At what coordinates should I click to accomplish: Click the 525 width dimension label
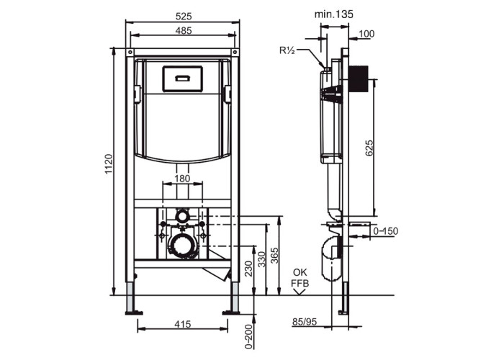pos(184,16)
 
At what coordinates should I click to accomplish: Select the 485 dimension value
pos(184,30)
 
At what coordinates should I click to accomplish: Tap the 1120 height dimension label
pos(109,165)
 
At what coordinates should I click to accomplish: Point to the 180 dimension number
pos(183,179)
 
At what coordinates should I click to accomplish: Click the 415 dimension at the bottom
pos(183,324)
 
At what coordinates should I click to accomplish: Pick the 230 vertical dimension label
pos(249,268)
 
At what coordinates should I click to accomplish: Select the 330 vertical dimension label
pos(262,259)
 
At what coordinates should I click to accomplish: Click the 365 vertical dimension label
pos(274,256)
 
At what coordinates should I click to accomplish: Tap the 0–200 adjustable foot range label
pos(249,336)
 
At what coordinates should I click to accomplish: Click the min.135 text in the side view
pos(333,14)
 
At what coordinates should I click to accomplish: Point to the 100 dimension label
pos(366,34)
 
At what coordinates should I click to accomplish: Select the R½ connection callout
pos(287,50)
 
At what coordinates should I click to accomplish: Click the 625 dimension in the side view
pos(369,148)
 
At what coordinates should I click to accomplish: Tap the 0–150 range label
pos(385,231)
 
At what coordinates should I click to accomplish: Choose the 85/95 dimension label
pos(305,322)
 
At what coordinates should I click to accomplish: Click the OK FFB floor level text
pos(300,278)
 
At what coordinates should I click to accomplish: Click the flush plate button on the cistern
pos(182,78)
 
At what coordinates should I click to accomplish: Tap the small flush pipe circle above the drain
pos(182,216)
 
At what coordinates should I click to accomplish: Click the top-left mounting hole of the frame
pos(130,52)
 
